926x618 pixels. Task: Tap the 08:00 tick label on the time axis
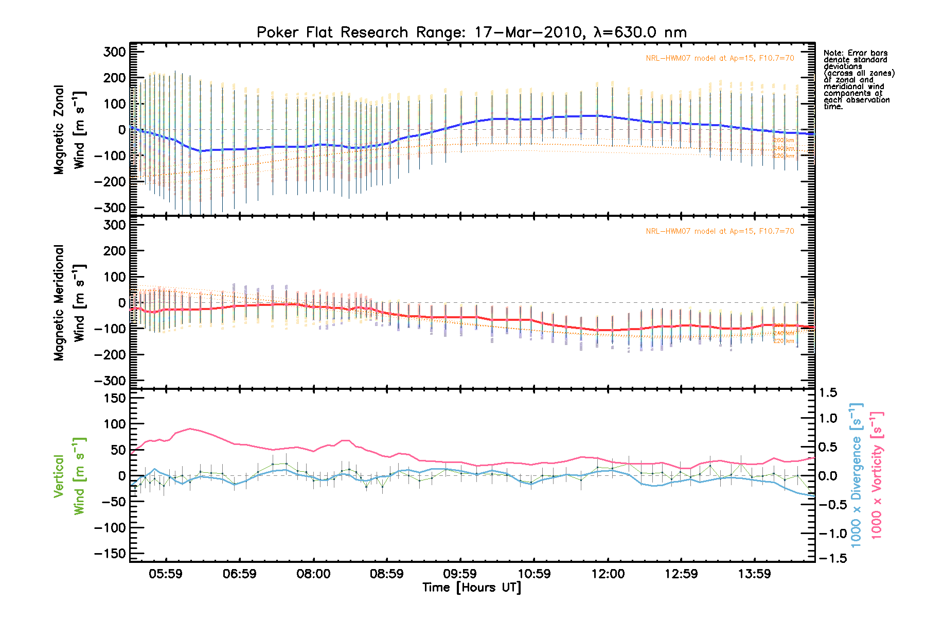pos(313,574)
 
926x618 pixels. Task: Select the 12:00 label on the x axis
pos(608,574)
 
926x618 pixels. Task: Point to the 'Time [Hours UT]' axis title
pos(472,588)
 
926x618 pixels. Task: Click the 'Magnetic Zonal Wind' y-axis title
pos(69,130)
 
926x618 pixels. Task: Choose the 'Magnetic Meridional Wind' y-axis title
pos(69,303)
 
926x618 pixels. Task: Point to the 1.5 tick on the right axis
pos(828,393)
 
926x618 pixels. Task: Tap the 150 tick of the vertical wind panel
pos(115,398)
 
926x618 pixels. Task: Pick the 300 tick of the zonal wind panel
pos(115,51)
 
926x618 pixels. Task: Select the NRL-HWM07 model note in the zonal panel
pos(720,58)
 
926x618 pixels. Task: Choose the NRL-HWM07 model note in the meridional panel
pos(720,231)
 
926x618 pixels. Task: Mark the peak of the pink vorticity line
pos(190,428)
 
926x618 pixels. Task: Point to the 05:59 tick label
pos(166,574)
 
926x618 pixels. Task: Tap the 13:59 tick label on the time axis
pos(755,574)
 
